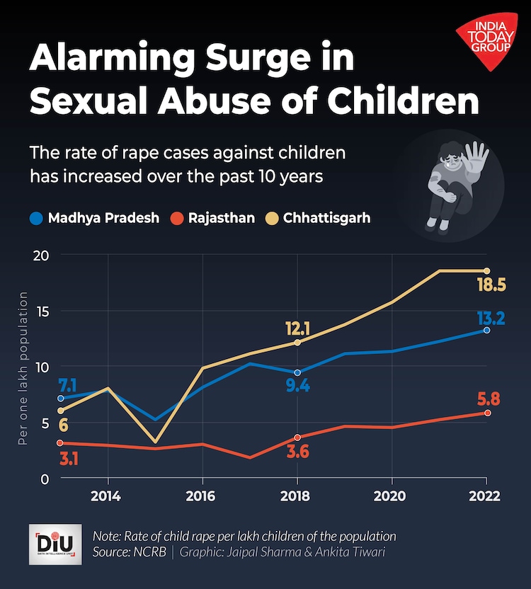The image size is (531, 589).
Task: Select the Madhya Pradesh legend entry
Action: [96, 218]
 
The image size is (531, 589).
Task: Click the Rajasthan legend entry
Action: [215, 218]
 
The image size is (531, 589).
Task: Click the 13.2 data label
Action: [489, 319]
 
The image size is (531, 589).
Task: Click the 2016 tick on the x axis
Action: [202, 495]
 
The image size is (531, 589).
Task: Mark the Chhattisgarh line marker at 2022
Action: [487, 270]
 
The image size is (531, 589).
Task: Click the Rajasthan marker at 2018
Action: [297, 438]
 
